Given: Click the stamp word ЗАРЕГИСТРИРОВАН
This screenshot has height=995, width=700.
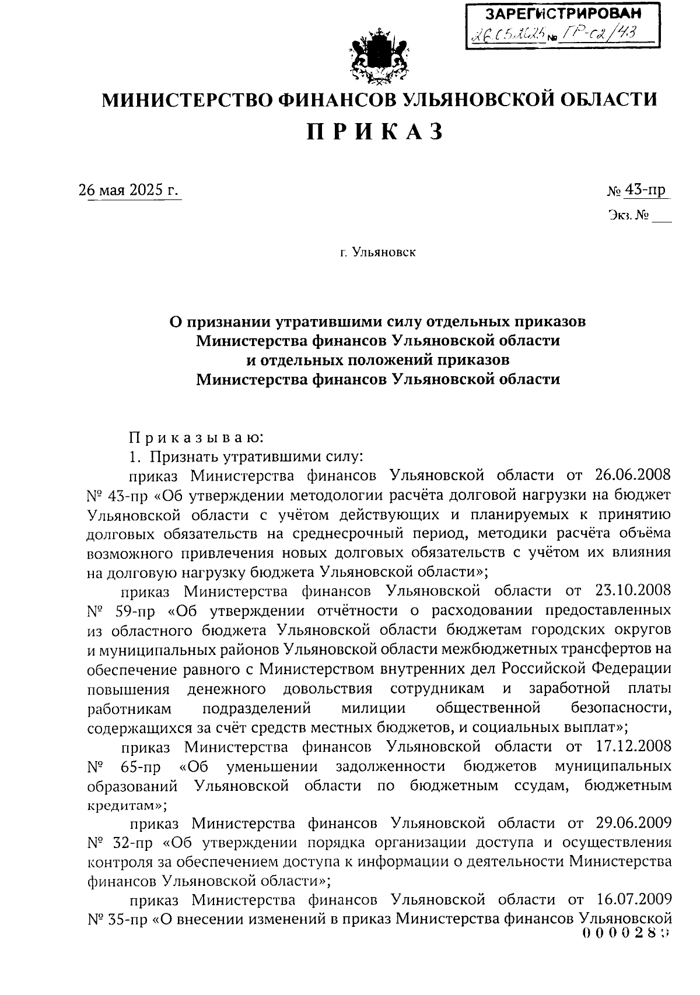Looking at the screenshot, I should tap(563, 13).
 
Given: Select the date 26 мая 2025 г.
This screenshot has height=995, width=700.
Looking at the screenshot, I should tap(129, 190).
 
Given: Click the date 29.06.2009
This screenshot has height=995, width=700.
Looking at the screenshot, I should tap(633, 823).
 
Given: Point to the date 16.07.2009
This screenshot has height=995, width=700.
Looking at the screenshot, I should tap(633, 900).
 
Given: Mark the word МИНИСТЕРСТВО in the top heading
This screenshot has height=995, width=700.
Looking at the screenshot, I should tap(186, 100).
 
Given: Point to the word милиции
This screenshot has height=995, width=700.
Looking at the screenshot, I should tap(373, 709).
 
